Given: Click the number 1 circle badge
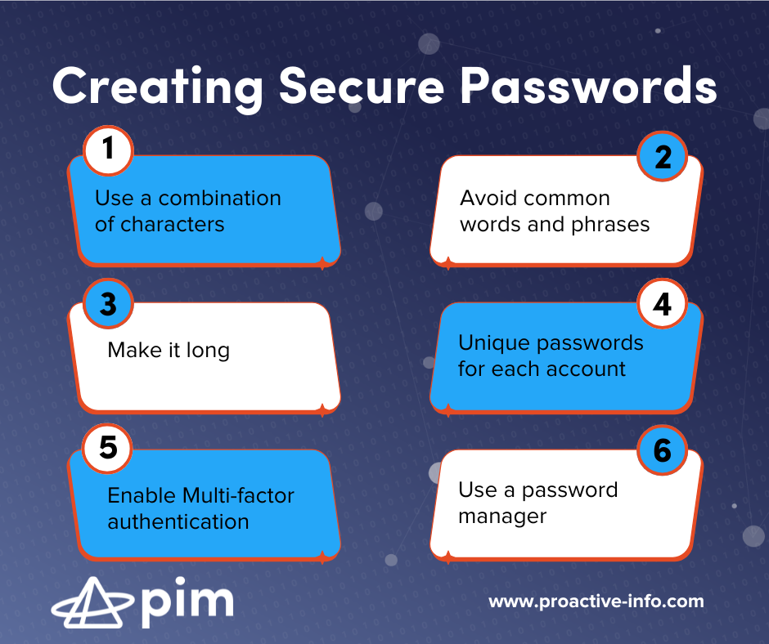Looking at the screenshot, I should pyautogui.click(x=108, y=151).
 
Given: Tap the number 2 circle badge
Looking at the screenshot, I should pyautogui.click(x=662, y=156).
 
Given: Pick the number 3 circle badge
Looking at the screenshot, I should pyautogui.click(x=108, y=304).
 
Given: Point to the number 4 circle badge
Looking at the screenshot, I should pyautogui.click(x=662, y=305).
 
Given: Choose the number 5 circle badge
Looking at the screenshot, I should pyautogui.click(x=108, y=449).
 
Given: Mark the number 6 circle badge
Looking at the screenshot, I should pyautogui.click(x=662, y=450).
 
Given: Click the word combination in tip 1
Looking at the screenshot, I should pyautogui.click(x=219, y=199).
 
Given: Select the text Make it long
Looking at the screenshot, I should pyautogui.click(x=169, y=351).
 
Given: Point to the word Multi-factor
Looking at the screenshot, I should pyautogui.click(x=238, y=495).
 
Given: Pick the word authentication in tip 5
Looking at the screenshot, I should pyautogui.click(x=178, y=521).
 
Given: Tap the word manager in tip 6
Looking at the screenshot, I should pyautogui.click(x=502, y=517).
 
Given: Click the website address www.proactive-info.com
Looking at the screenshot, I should pyautogui.click(x=596, y=602).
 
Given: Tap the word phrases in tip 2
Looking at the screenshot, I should pyautogui.click(x=609, y=224).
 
